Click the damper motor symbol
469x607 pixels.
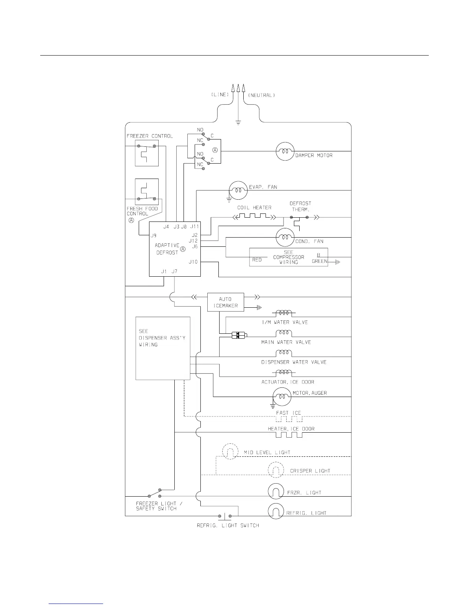tap(285, 151)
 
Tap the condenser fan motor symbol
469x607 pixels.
tap(285, 238)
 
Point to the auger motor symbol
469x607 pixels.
tap(282, 397)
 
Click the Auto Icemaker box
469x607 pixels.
tap(226, 302)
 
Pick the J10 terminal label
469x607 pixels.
tap(193, 262)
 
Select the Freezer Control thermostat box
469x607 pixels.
tap(147, 153)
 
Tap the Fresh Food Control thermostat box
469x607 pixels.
tap(147, 192)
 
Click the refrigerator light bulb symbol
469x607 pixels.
tap(276, 512)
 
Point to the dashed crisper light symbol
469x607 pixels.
tap(275, 470)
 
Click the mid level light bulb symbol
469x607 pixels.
tap(230, 452)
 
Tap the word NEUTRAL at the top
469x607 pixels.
tap(262, 95)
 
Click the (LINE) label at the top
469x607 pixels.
tap(220, 95)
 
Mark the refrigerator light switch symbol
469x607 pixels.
tap(225, 516)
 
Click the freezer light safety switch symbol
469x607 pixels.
tap(154, 493)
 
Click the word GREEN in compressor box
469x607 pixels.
tap(320, 261)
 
